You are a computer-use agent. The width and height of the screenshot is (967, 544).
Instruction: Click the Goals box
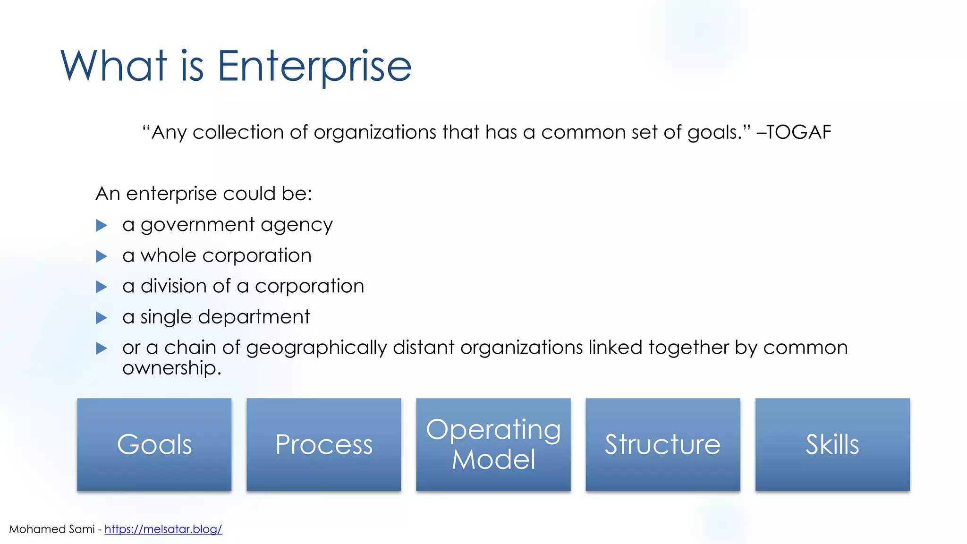154,444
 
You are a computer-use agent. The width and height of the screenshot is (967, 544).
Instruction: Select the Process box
324,444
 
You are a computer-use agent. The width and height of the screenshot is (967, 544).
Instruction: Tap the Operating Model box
493,444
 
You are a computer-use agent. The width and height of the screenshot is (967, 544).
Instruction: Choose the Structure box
663,444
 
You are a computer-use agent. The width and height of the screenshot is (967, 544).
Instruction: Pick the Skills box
832,444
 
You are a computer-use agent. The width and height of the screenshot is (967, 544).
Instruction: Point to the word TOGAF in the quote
799,132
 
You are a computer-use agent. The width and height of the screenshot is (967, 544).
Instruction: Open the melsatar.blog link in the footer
163,529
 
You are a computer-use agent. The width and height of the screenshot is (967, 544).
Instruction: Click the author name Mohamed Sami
52,529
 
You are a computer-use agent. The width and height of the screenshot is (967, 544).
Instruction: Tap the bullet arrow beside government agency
102,225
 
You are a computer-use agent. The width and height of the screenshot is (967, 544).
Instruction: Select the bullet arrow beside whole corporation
102,256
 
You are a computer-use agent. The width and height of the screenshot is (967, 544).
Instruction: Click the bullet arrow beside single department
102,318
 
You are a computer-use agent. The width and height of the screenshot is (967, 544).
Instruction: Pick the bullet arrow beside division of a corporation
102,287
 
